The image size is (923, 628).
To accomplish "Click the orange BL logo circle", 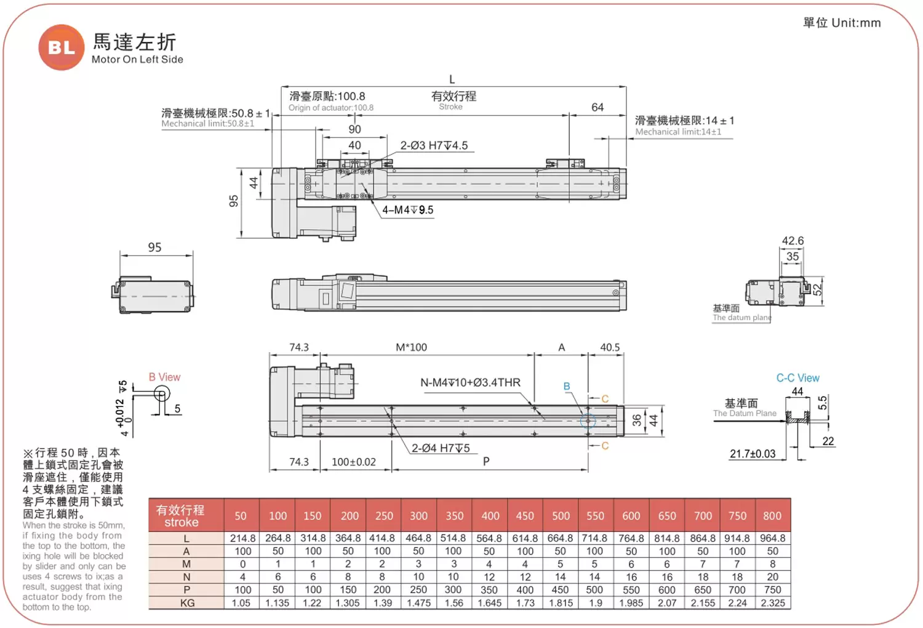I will pyautogui.click(x=61, y=47).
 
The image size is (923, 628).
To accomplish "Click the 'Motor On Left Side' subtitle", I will pyautogui.click(x=137, y=60).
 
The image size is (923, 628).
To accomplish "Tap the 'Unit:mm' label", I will pyautogui.click(x=856, y=23).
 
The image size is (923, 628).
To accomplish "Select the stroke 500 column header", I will pyautogui.click(x=561, y=516).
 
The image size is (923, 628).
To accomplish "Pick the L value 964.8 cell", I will pyautogui.click(x=772, y=538).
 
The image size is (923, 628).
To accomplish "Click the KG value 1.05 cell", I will pyautogui.click(x=241, y=603).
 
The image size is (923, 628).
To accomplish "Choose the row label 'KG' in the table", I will pyautogui.click(x=187, y=603).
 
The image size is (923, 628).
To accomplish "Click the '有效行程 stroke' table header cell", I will pyautogui.click(x=181, y=516).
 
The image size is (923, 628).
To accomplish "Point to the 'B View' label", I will pyautogui.click(x=164, y=377).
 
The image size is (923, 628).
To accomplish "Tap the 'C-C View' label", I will pyautogui.click(x=797, y=378).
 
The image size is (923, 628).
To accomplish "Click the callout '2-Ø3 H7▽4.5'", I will pyautogui.click(x=434, y=146).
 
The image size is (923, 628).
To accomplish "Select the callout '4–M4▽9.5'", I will pyautogui.click(x=407, y=210).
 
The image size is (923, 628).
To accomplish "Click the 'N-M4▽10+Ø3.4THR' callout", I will pyautogui.click(x=470, y=383).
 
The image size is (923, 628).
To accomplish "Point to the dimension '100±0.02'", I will pyautogui.click(x=353, y=462).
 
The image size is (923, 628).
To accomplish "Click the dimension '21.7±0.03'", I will pyautogui.click(x=753, y=454).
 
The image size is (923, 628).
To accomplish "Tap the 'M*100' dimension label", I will pyautogui.click(x=411, y=347).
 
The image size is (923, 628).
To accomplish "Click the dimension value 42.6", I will pyautogui.click(x=793, y=241).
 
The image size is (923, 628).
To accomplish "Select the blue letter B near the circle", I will pyautogui.click(x=567, y=387).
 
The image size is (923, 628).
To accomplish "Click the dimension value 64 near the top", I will pyautogui.click(x=597, y=108).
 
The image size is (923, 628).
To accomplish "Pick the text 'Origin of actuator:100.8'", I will pyautogui.click(x=331, y=108).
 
